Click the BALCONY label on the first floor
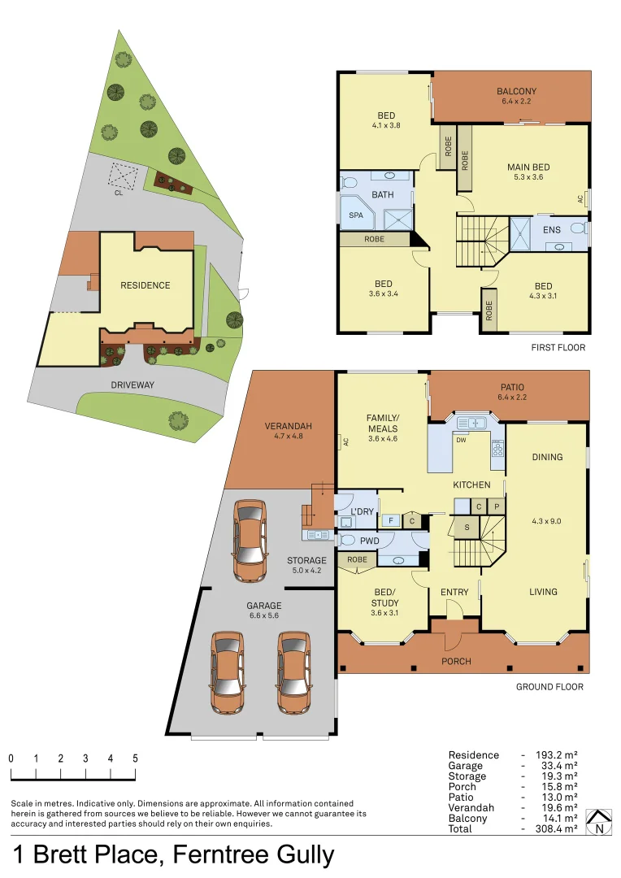(516, 91)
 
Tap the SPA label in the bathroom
(356, 215)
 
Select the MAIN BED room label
(528, 167)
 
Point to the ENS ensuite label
(552, 229)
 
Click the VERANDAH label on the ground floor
(288, 426)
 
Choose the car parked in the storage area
(250, 541)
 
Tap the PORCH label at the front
(456, 661)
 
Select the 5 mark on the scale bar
(135, 758)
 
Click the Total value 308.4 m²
(556, 828)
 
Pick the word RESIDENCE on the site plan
(145, 285)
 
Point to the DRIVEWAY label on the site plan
(132, 385)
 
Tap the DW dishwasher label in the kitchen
(461, 440)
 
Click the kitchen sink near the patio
(471, 423)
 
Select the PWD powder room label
(370, 541)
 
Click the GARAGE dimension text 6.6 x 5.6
(263, 615)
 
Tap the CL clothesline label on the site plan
(119, 193)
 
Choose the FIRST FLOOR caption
(558, 347)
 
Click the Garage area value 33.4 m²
(559, 766)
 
